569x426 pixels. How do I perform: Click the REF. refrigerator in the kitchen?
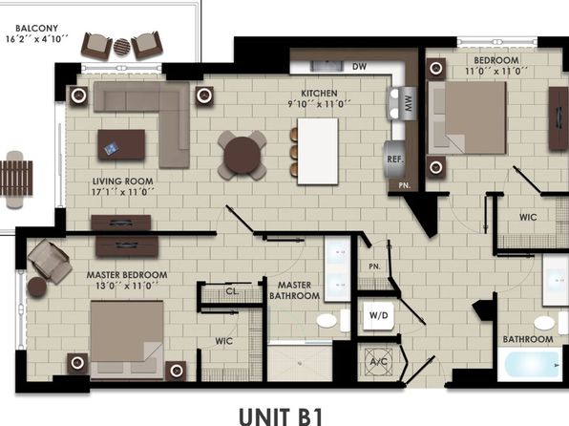[x=394, y=160]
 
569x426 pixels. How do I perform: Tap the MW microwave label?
[x=409, y=103]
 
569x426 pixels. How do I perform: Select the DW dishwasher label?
[x=359, y=67]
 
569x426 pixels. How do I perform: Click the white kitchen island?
[x=318, y=152]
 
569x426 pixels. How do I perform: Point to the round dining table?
[x=242, y=156]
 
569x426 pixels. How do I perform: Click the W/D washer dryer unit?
[x=378, y=315]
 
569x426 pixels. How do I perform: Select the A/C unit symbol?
[x=378, y=362]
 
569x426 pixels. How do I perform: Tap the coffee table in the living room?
[x=121, y=144]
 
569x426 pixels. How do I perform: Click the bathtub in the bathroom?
[x=530, y=364]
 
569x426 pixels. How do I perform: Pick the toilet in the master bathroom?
[x=333, y=321]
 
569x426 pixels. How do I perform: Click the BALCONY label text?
[x=36, y=29]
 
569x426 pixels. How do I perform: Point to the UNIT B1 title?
[x=281, y=416]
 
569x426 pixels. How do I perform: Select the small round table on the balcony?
[x=122, y=47]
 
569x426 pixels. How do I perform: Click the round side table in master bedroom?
[x=37, y=287]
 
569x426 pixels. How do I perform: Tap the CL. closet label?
[x=232, y=291]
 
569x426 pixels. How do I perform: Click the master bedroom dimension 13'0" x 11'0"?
[x=127, y=287]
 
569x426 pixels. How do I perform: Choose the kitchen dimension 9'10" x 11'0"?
[x=319, y=104]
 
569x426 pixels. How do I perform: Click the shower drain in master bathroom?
[x=300, y=362]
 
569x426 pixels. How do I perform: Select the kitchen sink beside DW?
[x=327, y=66]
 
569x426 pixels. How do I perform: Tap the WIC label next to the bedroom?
[x=528, y=217]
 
